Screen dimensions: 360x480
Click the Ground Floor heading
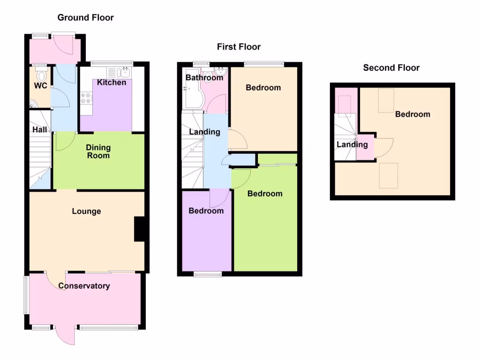(85, 18)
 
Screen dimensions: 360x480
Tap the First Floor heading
(239, 47)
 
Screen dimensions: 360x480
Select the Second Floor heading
(391, 68)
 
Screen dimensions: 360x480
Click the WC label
(40, 86)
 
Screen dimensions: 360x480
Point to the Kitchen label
(112, 82)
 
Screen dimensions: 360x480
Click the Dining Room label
(98, 151)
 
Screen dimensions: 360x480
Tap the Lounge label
(86, 211)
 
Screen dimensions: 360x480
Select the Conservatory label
(84, 286)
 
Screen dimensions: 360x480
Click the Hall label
(40, 129)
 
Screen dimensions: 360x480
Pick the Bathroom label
(204, 78)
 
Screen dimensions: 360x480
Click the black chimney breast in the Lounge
(139, 229)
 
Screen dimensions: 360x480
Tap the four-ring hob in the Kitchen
(86, 98)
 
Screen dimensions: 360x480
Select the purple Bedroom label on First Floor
(206, 211)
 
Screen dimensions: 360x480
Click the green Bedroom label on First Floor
(265, 194)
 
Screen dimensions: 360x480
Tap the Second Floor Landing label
(352, 144)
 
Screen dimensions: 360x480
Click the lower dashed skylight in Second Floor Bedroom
(388, 175)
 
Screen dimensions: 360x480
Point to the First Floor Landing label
(204, 132)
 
